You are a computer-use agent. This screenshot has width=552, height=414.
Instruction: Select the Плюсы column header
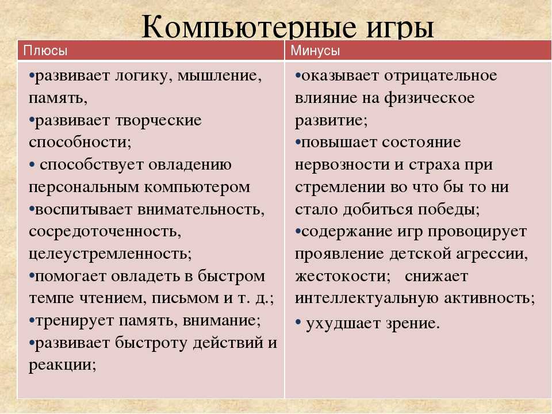coord(45,51)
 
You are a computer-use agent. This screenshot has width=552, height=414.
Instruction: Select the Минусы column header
coord(315,51)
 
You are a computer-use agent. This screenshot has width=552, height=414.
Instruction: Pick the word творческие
coord(156,121)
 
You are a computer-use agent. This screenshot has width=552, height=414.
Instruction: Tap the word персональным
coord(81,187)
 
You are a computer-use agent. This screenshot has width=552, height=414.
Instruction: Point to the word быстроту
coord(157,343)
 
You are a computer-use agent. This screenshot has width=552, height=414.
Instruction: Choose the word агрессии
coord(496,254)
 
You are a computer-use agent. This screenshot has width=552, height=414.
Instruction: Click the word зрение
coord(408,324)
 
